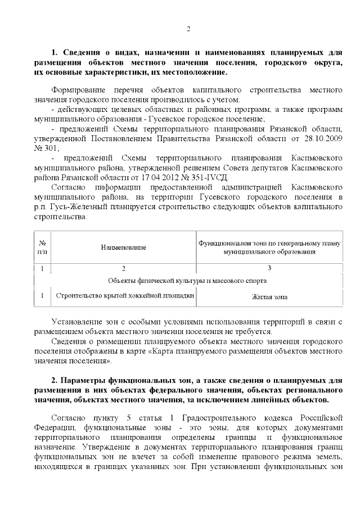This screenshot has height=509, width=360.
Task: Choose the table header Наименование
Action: (x=124, y=247)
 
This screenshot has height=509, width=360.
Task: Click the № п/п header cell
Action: (x=42, y=247)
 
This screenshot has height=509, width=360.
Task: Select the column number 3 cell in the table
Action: (x=269, y=268)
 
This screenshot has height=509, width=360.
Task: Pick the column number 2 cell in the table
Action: (x=124, y=268)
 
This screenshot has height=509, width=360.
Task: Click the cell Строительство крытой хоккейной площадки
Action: (x=124, y=295)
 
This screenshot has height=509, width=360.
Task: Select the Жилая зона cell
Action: (x=269, y=296)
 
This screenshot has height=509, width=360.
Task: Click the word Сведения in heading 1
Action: (x=84, y=52)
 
